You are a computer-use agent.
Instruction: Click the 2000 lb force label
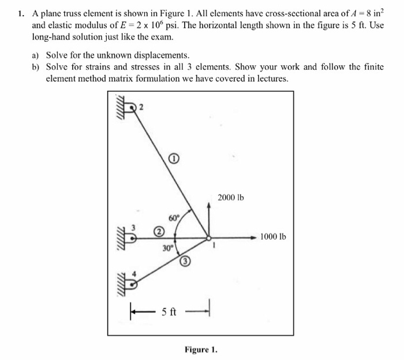(231, 198)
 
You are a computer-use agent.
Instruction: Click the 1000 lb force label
(273, 236)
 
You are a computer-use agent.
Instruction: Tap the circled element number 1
(174, 157)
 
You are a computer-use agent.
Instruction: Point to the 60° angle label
(174, 218)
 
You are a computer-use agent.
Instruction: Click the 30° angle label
(167, 248)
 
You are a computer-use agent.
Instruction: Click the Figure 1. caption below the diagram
(201, 349)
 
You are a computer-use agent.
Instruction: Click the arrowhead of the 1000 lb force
(253, 237)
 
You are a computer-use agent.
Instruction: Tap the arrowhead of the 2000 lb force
(210, 205)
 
